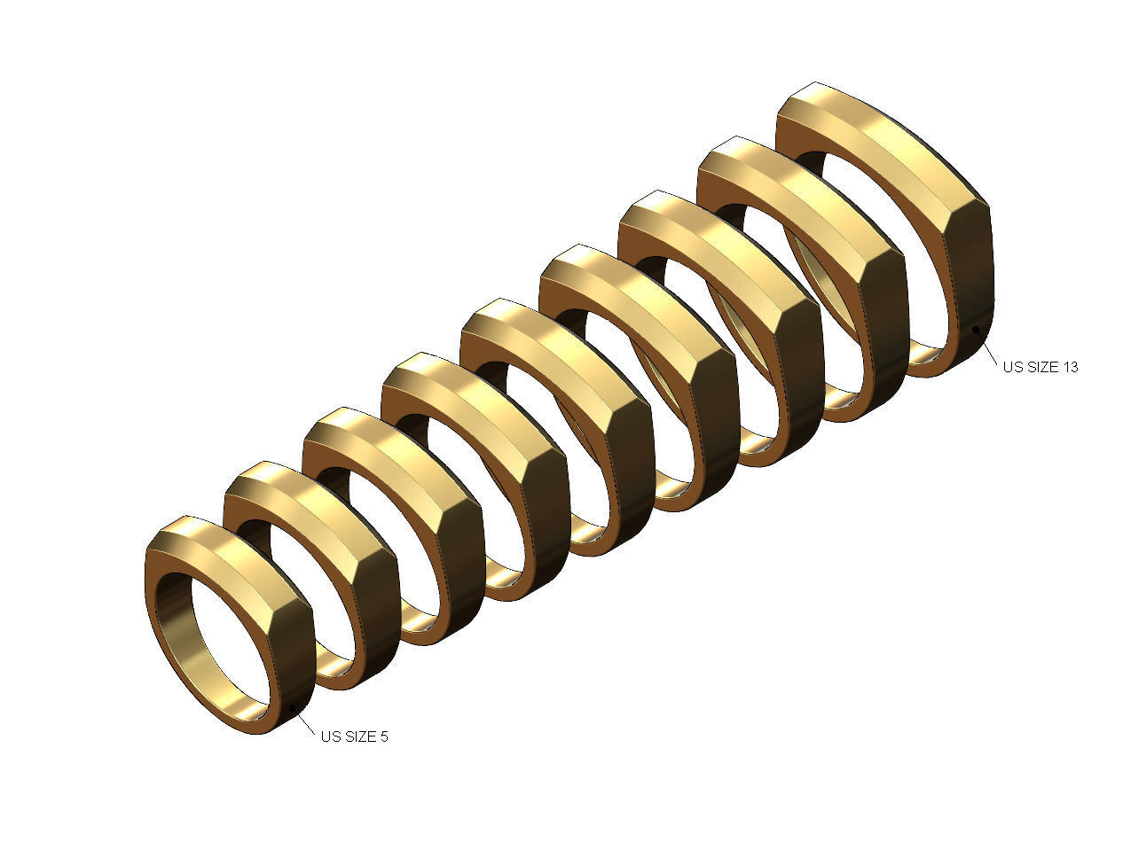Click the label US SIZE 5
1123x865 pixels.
(x=354, y=736)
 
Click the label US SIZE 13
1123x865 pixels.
(x=1041, y=367)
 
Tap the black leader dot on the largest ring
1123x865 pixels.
(x=976, y=330)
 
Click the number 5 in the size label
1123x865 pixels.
(x=383, y=736)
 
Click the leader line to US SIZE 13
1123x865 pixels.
(x=987, y=347)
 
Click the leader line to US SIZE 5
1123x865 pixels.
(x=306, y=721)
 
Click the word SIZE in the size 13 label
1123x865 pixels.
(x=1041, y=367)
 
